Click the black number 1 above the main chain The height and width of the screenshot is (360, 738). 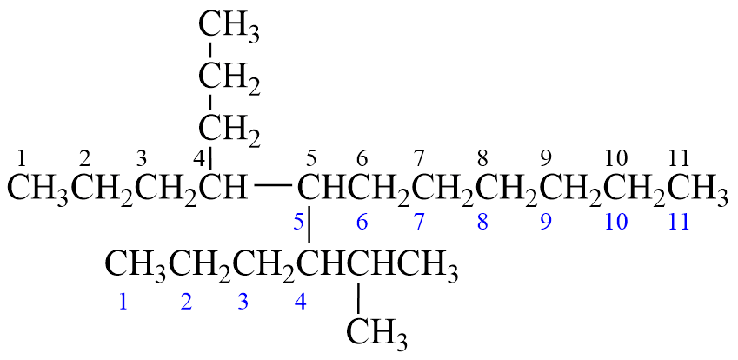coord(22,158)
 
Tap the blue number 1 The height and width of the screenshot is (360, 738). coord(123,303)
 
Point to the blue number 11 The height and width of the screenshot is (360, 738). coord(679,222)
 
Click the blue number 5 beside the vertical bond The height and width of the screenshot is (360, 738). coord(298,222)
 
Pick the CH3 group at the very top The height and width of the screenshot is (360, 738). coord(229,27)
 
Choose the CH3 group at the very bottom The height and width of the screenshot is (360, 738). coord(377,332)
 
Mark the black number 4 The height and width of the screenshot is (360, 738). coord(198,159)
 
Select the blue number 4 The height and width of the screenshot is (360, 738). coord(301,303)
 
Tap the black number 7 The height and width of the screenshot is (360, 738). coord(419,158)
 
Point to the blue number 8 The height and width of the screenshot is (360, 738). coord(482,222)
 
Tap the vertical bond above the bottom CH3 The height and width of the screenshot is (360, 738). coord(357,297)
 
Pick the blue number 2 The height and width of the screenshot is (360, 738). coord(185,303)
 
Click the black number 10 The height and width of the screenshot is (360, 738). coord(616,158)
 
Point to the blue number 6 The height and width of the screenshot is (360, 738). coord(362,222)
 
